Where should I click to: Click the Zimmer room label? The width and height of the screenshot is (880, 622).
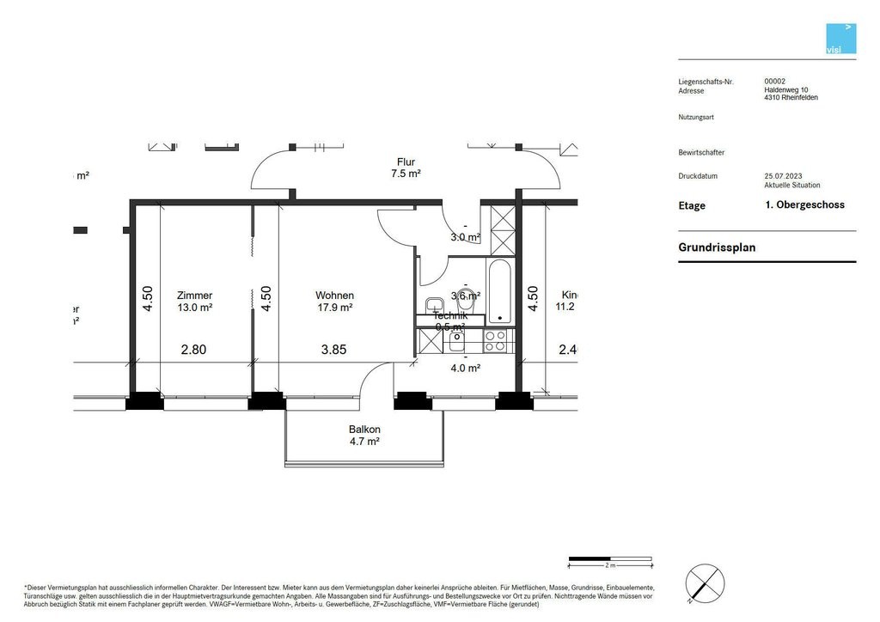pos(194,296)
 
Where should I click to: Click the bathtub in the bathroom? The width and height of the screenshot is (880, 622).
pos(499,292)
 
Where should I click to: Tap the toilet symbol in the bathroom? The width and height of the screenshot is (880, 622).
pos(467,302)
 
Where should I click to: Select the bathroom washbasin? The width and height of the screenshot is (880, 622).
pos(434,303)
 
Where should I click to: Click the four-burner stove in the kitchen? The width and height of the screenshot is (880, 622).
pos(495,341)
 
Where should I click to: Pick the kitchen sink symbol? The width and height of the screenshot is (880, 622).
pos(455,341)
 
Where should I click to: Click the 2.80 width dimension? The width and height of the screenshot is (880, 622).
pos(193,350)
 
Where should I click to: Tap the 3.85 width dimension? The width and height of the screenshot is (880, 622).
pos(335,350)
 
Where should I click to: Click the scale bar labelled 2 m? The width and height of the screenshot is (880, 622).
pos(609,561)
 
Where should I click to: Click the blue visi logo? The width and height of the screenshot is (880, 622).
pos(840,39)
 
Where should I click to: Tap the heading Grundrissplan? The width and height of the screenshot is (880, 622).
pos(717,247)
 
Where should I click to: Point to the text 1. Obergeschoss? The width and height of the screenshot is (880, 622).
pos(804,204)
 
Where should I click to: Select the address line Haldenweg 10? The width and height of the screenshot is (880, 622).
pos(785,89)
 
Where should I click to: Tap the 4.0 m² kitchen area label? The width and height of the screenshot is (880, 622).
pos(465,368)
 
